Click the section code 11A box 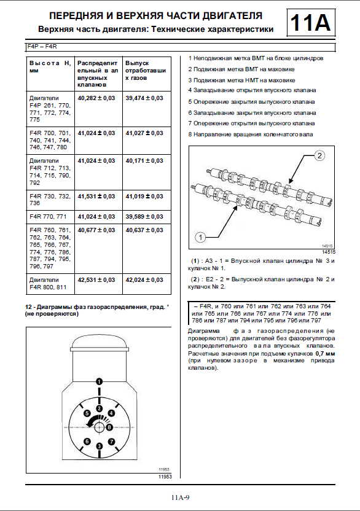[x=311, y=23]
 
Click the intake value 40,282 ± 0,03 [x=96, y=98]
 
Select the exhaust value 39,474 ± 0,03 [x=144, y=98]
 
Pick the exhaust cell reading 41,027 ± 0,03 [x=144, y=133]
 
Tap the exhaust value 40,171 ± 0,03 [x=144, y=161]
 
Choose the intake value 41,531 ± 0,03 [x=96, y=196]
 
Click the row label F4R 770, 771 [x=48, y=216]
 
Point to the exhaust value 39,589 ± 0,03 [x=144, y=216]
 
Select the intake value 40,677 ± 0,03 [x=96, y=230]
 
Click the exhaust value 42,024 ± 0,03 [x=144, y=279]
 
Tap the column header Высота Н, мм [x=50, y=67]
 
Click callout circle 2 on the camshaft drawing [x=319, y=155]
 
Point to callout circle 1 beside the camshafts [x=200, y=238]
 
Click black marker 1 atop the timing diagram [x=99, y=381]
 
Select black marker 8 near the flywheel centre [x=109, y=427]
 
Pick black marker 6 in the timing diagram [x=87, y=442]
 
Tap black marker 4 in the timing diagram [x=112, y=413]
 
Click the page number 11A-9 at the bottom [x=180, y=497]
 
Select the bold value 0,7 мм [x=325, y=354]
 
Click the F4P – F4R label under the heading [x=42, y=47]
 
